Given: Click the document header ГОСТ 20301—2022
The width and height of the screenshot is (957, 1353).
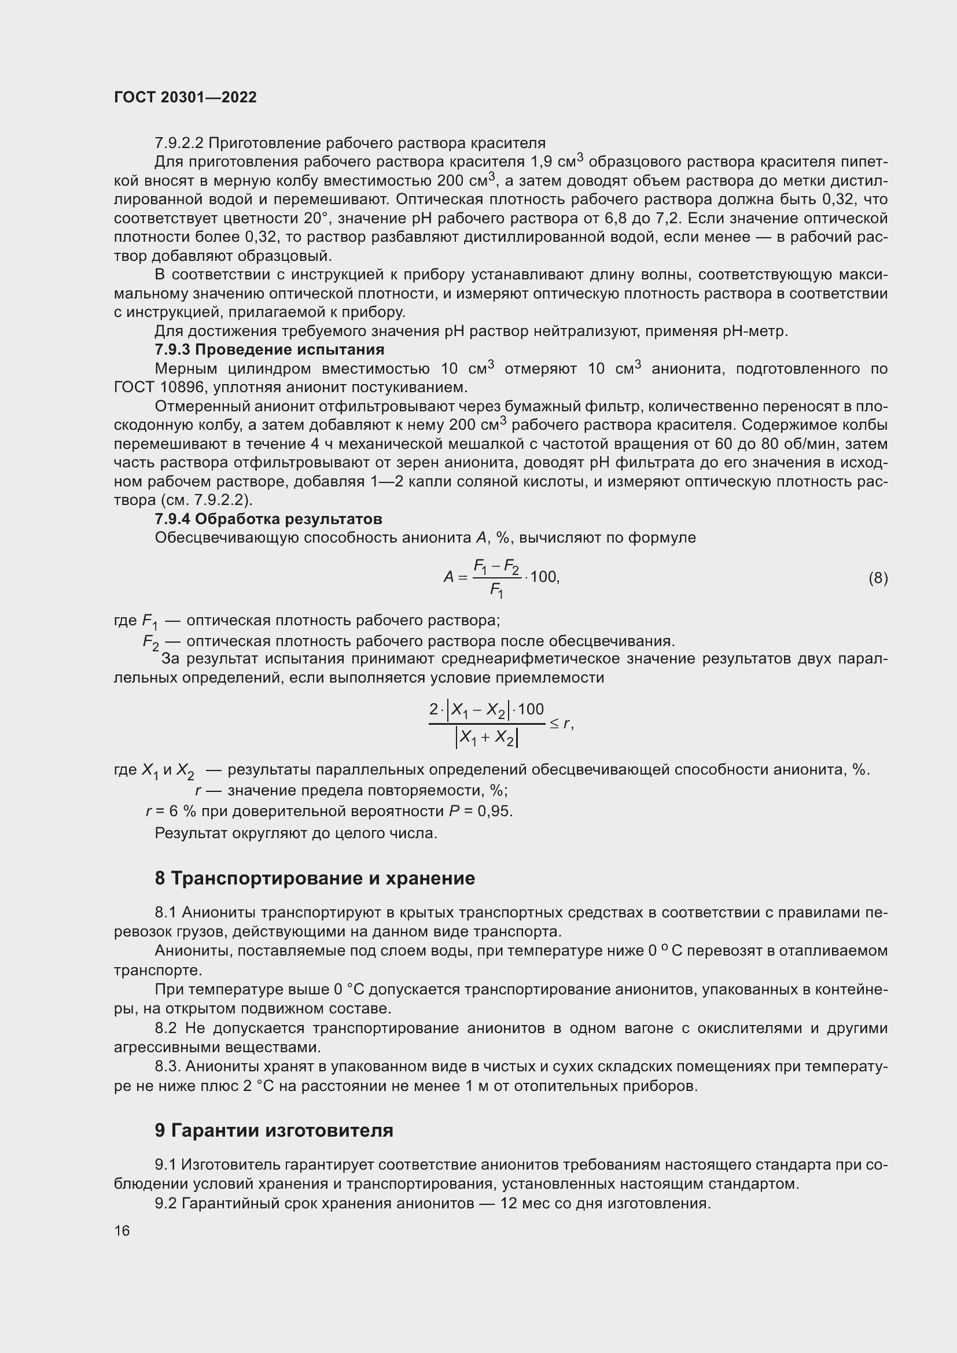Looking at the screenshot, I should pyautogui.click(x=185, y=97).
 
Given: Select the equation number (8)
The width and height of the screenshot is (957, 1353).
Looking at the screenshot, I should pyautogui.click(x=878, y=578).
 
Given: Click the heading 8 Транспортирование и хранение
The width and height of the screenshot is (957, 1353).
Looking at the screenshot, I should pyautogui.click(x=315, y=879).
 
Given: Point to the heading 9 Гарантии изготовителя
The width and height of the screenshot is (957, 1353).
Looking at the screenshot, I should pyautogui.click(x=274, y=1130).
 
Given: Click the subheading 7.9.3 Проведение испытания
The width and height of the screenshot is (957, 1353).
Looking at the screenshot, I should pyautogui.click(x=269, y=349).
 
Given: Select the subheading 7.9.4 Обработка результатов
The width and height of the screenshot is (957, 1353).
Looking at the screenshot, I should pyautogui.click(x=268, y=518).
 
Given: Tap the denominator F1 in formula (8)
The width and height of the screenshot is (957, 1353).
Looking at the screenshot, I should pyautogui.click(x=496, y=591).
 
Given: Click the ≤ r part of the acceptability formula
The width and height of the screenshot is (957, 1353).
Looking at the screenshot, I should pyautogui.click(x=562, y=724).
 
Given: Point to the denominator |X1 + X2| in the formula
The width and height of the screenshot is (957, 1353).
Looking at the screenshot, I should pyautogui.click(x=487, y=738).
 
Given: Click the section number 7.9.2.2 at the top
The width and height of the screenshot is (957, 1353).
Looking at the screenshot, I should pyautogui.click(x=179, y=143).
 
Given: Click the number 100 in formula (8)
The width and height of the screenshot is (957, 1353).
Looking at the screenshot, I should pyautogui.click(x=543, y=577).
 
